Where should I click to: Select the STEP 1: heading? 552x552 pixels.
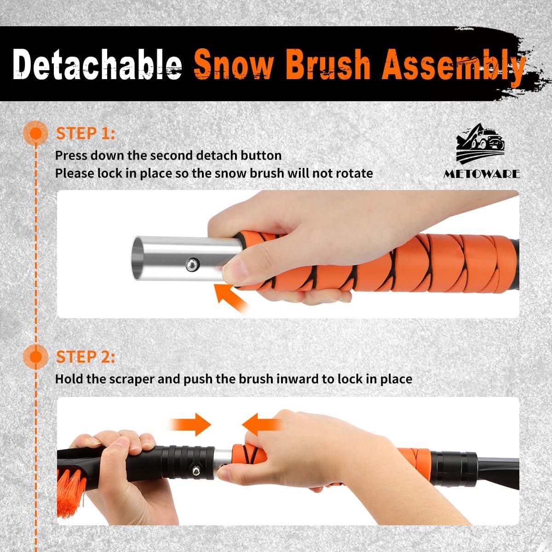86,134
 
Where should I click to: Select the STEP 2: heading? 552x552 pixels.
86,357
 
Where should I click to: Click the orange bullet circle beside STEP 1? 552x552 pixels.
36,134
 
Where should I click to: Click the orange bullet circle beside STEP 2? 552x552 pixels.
36,357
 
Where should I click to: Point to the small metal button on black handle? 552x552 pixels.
196,471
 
